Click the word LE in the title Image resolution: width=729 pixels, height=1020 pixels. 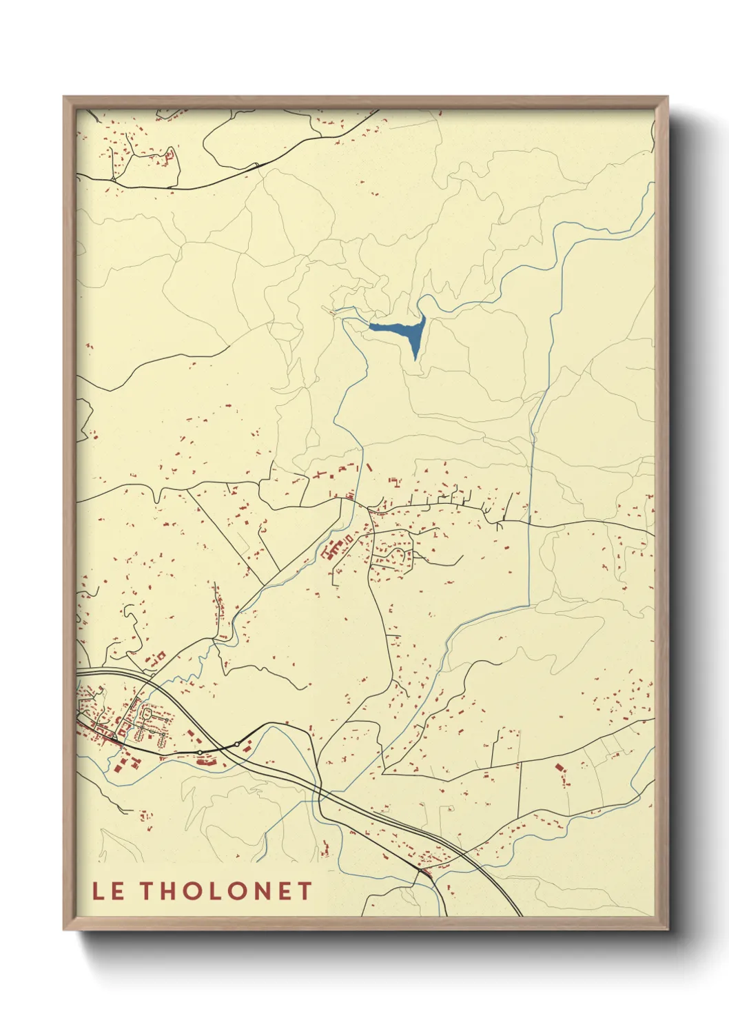click(108, 891)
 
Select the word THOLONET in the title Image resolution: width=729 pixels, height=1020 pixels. click(227, 891)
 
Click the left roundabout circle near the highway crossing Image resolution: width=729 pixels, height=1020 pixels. click(199, 752)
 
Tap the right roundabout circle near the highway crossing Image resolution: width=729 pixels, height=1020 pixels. click(237, 744)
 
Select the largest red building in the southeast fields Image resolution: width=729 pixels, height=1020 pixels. click(559, 766)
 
